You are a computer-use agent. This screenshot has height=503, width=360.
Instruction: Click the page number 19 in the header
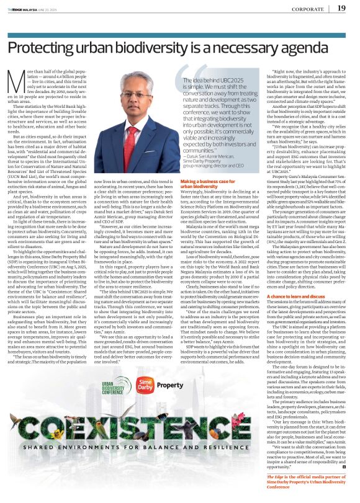pos(341,8)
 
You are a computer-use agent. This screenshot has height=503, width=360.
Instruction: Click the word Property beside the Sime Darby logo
pos(170,385)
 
